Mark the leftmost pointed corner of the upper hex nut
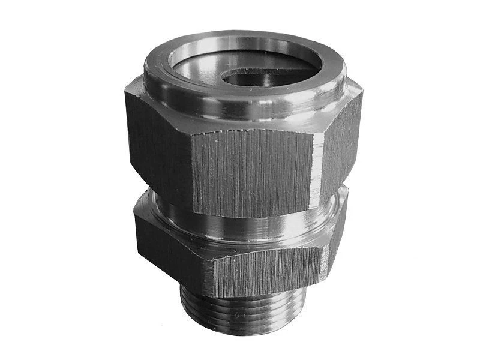click(x=126, y=96)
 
